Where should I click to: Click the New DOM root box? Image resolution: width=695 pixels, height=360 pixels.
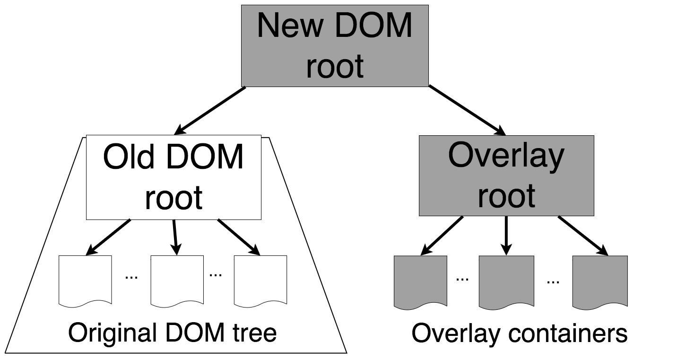click(335, 46)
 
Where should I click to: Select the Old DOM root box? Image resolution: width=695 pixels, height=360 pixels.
click(174, 177)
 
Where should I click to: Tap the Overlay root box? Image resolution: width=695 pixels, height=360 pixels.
click(506, 176)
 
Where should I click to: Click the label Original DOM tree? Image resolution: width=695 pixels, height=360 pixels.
click(173, 333)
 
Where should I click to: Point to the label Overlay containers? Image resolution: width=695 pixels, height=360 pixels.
click(519, 333)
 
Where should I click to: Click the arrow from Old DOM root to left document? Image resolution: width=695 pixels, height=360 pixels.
click(109, 237)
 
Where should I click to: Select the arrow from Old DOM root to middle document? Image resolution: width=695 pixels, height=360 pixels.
click(175, 237)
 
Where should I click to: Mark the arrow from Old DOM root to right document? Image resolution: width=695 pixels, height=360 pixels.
click(238, 237)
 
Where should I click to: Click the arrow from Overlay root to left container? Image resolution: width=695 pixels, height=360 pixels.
click(442, 236)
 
